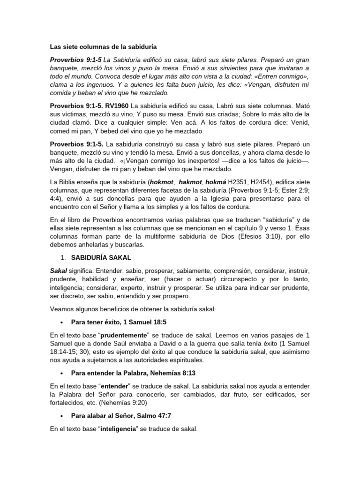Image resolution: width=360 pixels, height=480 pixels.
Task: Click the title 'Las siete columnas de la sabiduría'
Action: click(x=103, y=47)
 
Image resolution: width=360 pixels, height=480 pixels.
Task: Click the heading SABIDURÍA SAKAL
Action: click(x=101, y=258)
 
